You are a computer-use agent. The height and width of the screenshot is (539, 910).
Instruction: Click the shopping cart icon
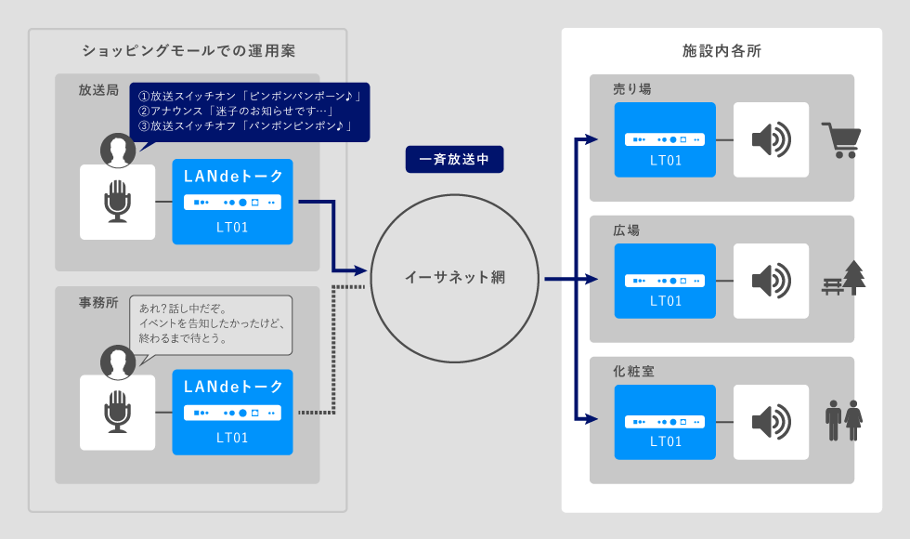(x=841, y=140)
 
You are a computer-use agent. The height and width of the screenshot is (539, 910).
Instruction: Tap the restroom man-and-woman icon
(x=844, y=420)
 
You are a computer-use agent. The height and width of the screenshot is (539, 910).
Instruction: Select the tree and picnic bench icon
(x=844, y=278)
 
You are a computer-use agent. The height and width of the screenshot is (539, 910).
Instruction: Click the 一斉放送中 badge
(x=454, y=159)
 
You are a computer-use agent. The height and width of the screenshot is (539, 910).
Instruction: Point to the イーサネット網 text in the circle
(x=455, y=278)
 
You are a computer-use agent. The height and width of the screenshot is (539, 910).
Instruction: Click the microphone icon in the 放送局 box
(x=117, y=201)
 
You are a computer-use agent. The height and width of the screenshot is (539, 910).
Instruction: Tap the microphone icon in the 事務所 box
(x=117, y=411)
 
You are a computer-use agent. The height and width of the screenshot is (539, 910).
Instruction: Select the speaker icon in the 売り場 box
(x=772, y=139)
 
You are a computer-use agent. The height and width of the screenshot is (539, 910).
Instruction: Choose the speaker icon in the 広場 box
(x=772, y=281)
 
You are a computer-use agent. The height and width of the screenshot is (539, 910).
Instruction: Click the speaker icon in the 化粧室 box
(x=772, y=422)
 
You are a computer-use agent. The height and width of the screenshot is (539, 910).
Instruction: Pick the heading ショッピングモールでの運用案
(x=188, y=51)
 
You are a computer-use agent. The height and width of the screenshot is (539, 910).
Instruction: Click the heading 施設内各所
(x=721, y=51)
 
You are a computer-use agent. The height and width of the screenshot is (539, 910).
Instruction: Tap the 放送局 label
(x=98, y=90)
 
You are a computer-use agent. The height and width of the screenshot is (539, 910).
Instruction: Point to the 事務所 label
(x=98, y=303)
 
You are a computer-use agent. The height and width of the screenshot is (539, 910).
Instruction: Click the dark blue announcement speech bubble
(x=250, y=112)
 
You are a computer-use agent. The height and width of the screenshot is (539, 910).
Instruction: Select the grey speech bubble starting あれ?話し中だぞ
(x=211, y=324)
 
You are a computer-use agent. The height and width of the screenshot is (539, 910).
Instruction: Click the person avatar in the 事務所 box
(x=118, y=362)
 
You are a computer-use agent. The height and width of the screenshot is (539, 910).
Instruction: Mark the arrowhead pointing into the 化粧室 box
(x=591, y=419)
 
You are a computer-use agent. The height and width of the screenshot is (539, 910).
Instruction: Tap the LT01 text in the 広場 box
(x=666, y=301)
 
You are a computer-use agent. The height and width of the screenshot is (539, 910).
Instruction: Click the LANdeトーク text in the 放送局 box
(x=233, y=176)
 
